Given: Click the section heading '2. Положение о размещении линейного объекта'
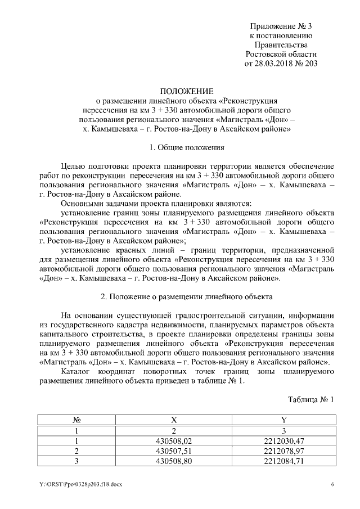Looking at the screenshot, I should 186,296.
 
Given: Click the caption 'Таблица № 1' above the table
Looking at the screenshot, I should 311,400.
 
